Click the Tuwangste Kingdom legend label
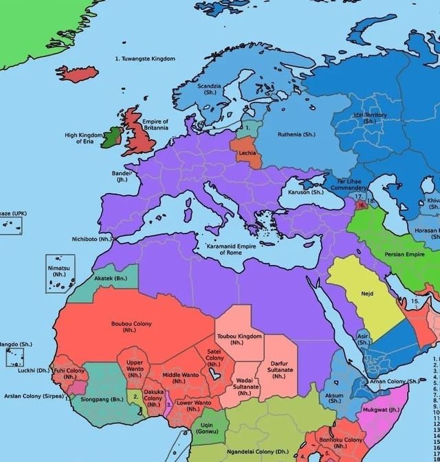pos(144,59)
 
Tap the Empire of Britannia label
pos(155,125)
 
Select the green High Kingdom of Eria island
pos(111,141)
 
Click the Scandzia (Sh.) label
pos(210,89)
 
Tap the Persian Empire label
pos(405,254)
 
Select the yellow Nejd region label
pos(367,293)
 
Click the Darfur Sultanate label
pos(278,369)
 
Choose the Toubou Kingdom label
pos(239,339)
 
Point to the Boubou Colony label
pos(131,326)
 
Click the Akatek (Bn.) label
pos(111,279)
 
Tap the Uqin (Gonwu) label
pos(212,428)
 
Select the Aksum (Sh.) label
pos(335,398)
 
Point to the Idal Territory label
pos(370,118)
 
